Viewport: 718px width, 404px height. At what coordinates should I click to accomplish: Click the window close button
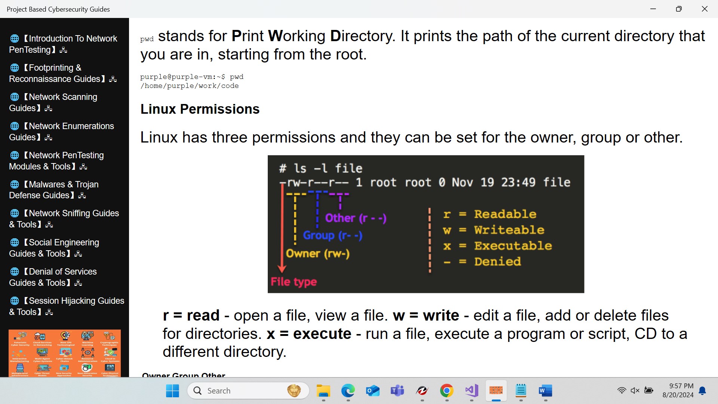click(705, 9)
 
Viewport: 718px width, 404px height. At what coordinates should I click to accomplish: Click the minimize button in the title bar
click(653, 9)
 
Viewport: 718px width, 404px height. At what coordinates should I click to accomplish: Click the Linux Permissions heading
click(200, 109)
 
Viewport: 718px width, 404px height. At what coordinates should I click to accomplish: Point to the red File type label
click(294, 282)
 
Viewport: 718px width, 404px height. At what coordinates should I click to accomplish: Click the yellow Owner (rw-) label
click(317, 254)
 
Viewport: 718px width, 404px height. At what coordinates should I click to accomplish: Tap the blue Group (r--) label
click(332, 235)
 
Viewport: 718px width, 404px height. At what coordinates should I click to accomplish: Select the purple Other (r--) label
click(356, 218)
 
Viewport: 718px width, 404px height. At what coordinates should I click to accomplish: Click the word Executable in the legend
click(513, 246)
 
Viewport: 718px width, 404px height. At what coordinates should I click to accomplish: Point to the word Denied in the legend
click(497, 261)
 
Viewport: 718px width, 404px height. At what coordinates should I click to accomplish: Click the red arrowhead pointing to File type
click(282, 269)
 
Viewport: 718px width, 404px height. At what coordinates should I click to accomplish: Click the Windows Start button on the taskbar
click(172, 391)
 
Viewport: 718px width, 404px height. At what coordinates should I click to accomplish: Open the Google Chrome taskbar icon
click(447, 391)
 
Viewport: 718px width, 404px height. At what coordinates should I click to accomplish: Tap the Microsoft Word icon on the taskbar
click(545, 391)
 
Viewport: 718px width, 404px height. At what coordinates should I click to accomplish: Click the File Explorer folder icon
click(323, 391)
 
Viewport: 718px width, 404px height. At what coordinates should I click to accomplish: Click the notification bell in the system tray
click(703, 391)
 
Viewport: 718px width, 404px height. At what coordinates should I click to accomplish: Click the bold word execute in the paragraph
click(322, 334)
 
